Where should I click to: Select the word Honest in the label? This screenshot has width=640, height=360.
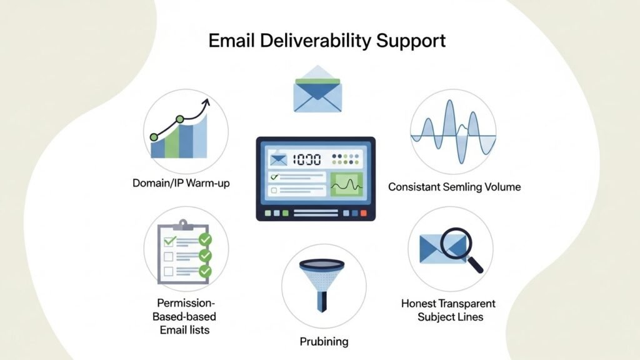[x=419, y=304]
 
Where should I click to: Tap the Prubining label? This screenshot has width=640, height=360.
[x=323, y=342]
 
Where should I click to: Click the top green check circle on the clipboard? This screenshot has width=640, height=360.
[x=204, y=240]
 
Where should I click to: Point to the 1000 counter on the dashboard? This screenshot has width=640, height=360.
[x=306, y=159]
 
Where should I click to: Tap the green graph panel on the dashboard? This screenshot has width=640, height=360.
[x=347, y=184]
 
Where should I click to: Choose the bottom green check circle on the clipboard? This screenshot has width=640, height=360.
[x=204, y=272]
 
